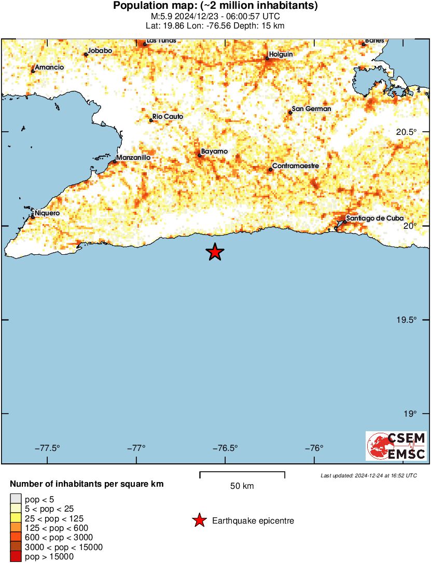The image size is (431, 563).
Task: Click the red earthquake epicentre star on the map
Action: (x=215, y=252)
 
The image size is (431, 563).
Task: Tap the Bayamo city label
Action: (x=214, y=151)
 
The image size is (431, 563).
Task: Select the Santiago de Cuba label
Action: (x=374, y=218)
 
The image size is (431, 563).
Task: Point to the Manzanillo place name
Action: (x=133, y=157)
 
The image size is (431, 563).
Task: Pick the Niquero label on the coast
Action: (x=47, y=213)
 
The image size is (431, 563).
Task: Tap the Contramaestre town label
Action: (x=295, y=166)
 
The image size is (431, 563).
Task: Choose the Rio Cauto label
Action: (x=168, y=117)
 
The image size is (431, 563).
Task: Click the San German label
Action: (x=311, y=109)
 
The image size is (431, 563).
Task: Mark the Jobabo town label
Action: (x=100, y=50)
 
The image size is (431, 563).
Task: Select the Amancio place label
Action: (x=49, y=67)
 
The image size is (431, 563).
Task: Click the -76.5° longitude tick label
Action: (x=226, y=449)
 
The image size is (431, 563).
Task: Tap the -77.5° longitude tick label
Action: (x=48, y=449)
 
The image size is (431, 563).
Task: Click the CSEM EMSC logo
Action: (x=396, y=446)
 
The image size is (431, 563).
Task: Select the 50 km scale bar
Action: (x=242, y=473)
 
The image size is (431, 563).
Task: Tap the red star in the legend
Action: (x=199, y=520)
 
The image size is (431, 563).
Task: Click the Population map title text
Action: (x=215, y=6)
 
